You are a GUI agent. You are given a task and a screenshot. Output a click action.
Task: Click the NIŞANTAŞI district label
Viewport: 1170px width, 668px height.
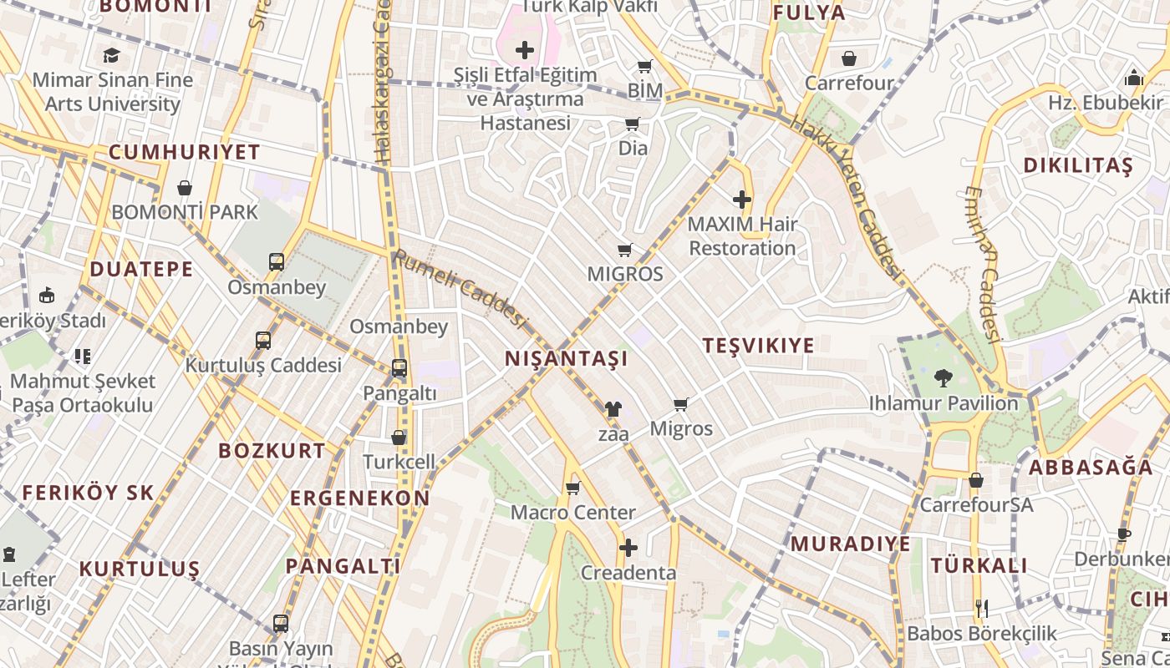tap(566, 359)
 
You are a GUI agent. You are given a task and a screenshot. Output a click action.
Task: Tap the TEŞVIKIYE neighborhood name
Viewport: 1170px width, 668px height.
tap(758, 346)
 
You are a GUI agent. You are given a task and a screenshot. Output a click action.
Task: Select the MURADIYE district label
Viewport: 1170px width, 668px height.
tap(850, 544)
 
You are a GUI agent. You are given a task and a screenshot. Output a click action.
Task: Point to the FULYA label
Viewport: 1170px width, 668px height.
tap(808, 13)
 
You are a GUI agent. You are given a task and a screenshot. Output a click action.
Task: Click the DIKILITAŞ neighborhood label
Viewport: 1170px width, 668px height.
tap(1078, 165)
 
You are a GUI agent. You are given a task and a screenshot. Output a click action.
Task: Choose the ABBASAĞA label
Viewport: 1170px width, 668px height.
tap(1090, 468)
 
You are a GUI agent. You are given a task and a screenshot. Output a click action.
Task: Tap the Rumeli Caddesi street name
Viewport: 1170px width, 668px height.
tap(460, 288)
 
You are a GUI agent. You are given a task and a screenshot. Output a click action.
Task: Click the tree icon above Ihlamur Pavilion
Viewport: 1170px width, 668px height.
tap(944, 378)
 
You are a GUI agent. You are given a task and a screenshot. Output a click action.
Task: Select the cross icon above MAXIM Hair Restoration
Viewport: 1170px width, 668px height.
tap(741, 200)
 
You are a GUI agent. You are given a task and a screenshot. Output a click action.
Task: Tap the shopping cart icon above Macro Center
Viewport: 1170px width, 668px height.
tap(572, 488)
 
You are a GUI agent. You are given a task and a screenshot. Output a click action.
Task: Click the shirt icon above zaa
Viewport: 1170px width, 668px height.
tap(613, 409)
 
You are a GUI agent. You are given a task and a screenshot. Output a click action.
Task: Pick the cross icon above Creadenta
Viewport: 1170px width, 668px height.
tap(628, 548)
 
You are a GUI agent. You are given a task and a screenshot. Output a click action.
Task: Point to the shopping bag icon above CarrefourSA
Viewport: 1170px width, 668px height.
tap(975, 480)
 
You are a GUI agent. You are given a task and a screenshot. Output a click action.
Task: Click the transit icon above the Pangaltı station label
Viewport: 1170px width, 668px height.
tap(399, 367)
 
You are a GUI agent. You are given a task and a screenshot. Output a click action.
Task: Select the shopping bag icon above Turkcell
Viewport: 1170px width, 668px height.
tap(399, 438)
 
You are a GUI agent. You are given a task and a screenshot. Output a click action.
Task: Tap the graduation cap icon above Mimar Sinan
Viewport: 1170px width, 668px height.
tap(111, 56)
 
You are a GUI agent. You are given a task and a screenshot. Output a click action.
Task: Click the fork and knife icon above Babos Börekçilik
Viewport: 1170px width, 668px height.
tap(982, 608)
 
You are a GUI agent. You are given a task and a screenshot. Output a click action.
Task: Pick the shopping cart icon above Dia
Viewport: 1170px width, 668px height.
tap(633, 124)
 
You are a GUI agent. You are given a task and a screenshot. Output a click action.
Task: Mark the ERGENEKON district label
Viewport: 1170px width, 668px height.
tap(359, 498)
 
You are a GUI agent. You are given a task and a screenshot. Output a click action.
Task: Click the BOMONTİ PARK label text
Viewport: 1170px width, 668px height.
tap(185, 212)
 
